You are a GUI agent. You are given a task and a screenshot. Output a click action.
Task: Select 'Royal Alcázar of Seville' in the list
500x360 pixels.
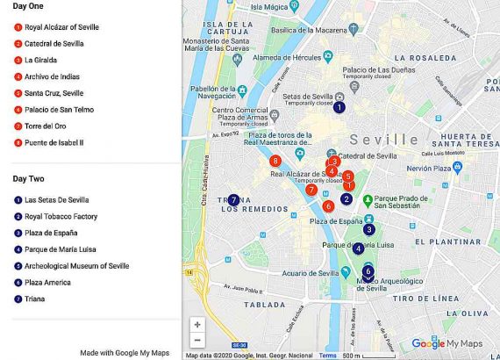pos(61,27)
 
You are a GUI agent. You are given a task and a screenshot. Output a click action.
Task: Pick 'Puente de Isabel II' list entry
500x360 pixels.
pos(54,142)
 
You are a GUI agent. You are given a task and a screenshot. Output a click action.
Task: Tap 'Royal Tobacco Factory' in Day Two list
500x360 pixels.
pos(61,216)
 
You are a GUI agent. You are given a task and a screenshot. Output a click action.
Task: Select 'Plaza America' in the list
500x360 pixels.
pos(48,283)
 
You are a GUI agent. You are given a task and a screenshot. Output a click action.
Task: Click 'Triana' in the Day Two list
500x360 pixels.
pos(36,299)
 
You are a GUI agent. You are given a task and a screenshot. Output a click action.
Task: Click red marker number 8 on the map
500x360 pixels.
pos(275,161)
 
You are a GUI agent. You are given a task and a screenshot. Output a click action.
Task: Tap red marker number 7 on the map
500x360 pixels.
pos(311,190)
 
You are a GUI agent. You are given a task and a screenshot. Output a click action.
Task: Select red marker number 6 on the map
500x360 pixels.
pos(328,206)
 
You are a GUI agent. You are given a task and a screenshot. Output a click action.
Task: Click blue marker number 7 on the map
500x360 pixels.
pos(233,199)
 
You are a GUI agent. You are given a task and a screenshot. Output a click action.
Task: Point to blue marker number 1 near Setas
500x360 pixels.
pos(339,106)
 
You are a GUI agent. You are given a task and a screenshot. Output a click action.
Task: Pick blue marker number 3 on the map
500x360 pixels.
pos(369,229)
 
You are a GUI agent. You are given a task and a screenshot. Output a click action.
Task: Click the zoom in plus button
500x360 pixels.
pos(197,324)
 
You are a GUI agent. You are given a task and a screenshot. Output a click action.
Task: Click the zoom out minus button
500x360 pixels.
pos(197,340)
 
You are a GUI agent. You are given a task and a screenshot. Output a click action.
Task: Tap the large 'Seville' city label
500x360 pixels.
pos(384,140)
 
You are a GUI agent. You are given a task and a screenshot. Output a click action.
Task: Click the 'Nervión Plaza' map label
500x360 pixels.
pos(429,168)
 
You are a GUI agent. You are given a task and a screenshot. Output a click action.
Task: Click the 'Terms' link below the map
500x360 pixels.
pos(327,356)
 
